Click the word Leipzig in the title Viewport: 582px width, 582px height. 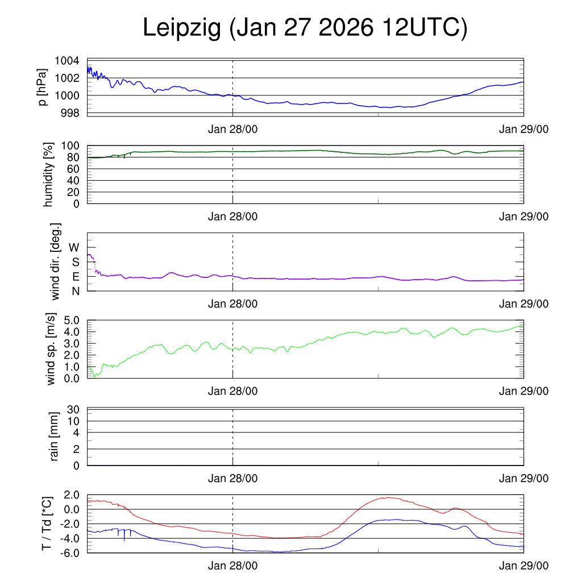coord(182,28)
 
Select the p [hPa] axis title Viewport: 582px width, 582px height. coord(43,86)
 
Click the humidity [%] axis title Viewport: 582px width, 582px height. coord(48,174)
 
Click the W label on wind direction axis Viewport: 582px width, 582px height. coord(74,247)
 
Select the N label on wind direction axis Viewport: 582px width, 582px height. coord(76,291)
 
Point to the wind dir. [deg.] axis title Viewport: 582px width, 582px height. coord(55,261)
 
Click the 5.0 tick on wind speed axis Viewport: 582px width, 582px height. coord(71,320)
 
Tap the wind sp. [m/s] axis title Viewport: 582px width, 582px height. coord(52,350)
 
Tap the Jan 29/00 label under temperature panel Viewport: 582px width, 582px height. coord(523,566)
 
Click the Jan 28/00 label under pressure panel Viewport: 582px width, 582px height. coord(232,129)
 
